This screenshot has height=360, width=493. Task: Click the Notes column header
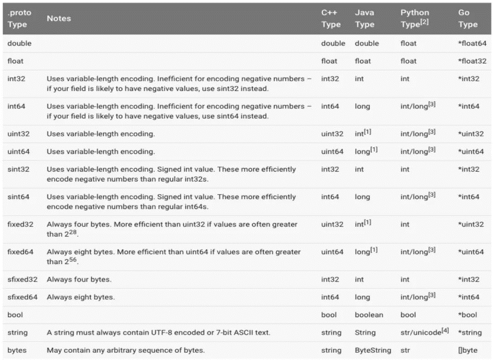(x=58, y=19)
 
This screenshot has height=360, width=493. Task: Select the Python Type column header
(x=415, y=19)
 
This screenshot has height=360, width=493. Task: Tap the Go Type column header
(x=468, y=19)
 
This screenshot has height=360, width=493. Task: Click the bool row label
(x=15, y=315)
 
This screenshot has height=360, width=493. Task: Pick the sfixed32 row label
(x=22, y=279)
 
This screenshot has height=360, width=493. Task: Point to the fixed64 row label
(x=21, y=252)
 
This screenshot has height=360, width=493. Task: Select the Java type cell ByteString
(x=372, y=350)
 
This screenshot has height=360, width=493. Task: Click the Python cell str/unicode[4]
(x=424, y=332)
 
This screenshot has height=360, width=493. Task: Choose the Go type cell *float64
(x=472, y=43)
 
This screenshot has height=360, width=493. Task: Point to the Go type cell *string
(x=470, y=333)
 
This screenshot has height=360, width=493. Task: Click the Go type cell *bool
(x=468, y=315)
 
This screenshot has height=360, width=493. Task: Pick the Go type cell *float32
(x=472, y=61)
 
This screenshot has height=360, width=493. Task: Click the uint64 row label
(x=19, y=151)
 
